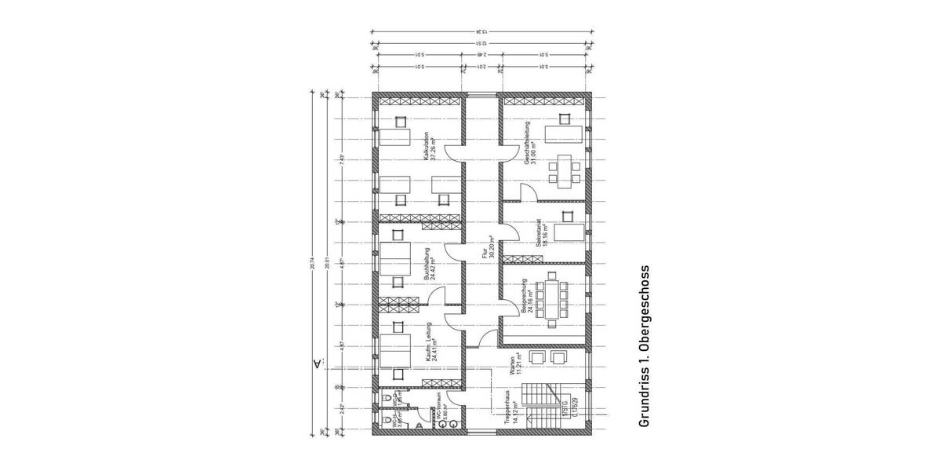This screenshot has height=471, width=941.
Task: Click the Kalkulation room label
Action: (426, 145)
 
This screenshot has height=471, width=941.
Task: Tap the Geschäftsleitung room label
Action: (528, 142)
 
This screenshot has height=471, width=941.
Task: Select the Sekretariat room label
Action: (540, 232)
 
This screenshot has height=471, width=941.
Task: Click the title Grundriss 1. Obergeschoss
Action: (645, 346)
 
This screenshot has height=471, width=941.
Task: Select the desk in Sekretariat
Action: (569, 233)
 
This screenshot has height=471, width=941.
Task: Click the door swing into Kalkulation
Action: (456, 153)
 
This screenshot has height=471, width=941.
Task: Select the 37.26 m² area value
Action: (432, 145)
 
